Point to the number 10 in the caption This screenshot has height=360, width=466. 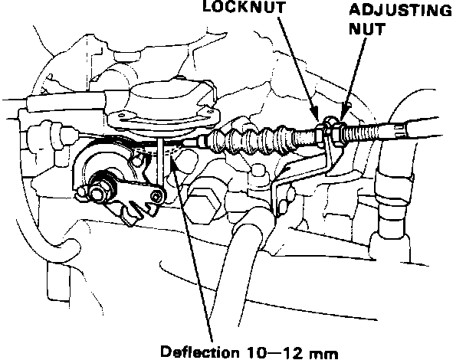pos(261,352)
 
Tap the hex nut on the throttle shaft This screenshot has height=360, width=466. pos(100,185)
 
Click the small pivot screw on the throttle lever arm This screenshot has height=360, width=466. pos(157,198)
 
